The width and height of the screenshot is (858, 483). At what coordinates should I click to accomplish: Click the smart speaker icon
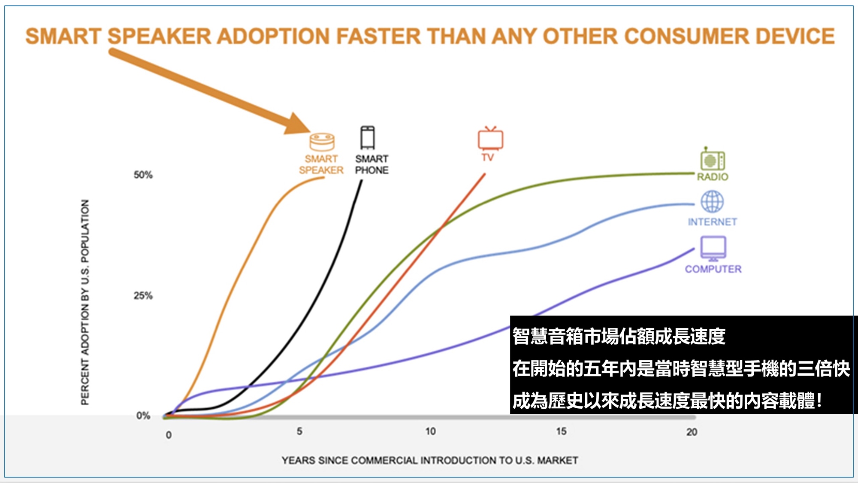(x=322, y=142)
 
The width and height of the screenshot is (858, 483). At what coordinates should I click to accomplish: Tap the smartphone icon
(x=368, y=137)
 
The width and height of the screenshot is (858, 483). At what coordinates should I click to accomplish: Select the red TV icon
(x=490, y=138)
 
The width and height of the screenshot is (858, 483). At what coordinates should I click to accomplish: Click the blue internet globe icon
(x=712, y=201)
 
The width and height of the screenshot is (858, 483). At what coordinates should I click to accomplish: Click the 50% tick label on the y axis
(x=143, y=175)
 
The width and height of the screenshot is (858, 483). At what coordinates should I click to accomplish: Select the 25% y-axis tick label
(x=143, y=295)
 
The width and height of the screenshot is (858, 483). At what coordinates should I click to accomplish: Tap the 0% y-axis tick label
(x=143, y=416)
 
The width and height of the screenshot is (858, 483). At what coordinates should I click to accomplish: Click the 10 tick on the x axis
(x=430, y=431)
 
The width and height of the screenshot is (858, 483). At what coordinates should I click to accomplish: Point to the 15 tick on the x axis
(x=561, y=431)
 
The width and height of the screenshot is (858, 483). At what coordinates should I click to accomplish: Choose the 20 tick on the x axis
(x=692, y=432)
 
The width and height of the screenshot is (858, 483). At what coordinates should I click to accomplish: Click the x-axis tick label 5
(x=299, y=431)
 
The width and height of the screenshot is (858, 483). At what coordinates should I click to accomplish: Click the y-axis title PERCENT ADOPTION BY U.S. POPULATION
(x=85, y=302)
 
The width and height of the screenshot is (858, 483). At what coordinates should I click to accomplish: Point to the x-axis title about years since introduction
(x=430, y=460)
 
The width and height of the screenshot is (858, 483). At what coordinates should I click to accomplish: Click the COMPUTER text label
(x=713, y=269)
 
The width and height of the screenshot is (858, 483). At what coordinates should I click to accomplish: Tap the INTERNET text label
(x=713, y=222)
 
